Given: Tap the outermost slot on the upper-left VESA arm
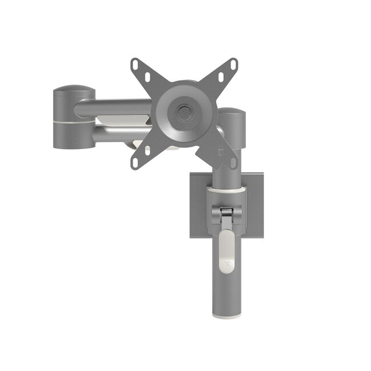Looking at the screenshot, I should (x=136, y=65).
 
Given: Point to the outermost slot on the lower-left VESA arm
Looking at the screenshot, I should (x=135, y=162).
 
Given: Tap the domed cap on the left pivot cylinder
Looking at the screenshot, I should (x=74, y=90).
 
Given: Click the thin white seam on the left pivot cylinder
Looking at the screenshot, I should (x=74, y=121).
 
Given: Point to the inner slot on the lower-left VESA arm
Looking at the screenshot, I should (x=147, y=150).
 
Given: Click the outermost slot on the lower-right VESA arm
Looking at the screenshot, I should (x=232, y=162).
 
